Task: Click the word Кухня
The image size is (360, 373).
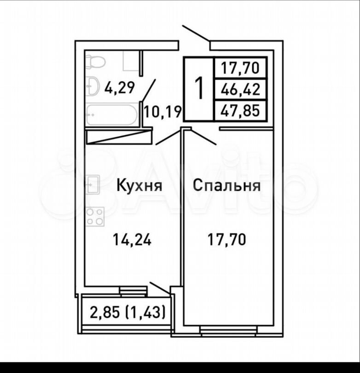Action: (x=139, y=185)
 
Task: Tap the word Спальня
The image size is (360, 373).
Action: (x=226, y=185)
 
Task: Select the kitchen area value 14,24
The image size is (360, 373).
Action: (x=132, y=239)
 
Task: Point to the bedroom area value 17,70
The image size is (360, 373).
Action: (x=226, y=239)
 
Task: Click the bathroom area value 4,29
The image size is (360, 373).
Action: (x=120, y=87)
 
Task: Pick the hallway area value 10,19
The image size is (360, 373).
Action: (x=163, y=112)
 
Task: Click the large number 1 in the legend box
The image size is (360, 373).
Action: (x=199, y=88)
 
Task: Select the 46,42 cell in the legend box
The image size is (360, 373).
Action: (x=240, y=90)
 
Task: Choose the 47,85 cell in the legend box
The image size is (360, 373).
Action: (x=240, y=111)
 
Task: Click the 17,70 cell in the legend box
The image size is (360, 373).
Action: (x=240, y=68)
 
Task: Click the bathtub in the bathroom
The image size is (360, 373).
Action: (x=112, y=115)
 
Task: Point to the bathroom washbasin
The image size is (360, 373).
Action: (x=93, y=86)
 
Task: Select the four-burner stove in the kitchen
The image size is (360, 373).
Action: (x=95, y=217)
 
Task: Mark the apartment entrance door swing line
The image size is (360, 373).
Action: (x=196, y=33)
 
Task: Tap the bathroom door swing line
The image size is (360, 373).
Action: (x=149, y=90)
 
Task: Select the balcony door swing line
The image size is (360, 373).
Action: (x=160, y=288)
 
